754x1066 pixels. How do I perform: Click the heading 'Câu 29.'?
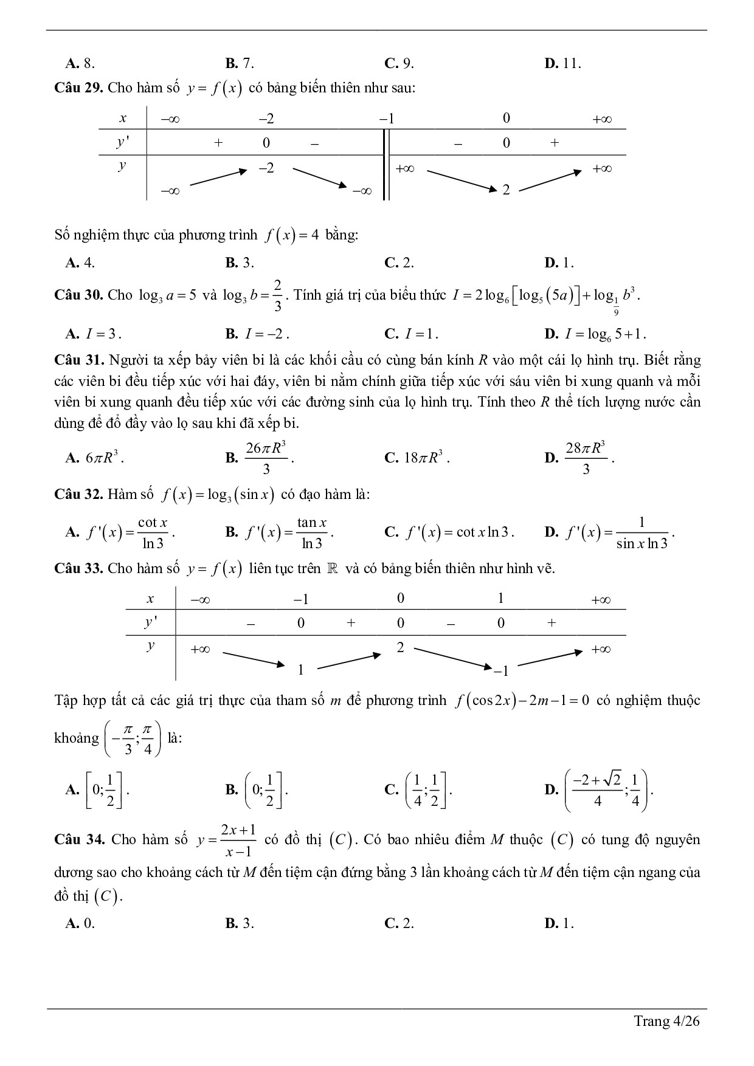point(79,88)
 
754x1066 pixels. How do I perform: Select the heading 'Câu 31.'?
point(79,360)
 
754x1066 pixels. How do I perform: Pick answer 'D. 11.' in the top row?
point(562,63)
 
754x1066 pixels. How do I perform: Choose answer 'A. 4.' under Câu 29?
point(80,263)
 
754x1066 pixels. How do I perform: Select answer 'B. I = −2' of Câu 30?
point(257,334)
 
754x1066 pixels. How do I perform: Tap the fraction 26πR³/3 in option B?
point(266,458)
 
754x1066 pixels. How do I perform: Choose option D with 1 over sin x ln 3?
point(610,533)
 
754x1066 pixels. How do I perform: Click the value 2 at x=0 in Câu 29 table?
point(506,190)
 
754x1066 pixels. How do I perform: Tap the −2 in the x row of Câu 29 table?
point(266,119)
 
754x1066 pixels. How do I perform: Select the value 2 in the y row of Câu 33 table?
point(400,648)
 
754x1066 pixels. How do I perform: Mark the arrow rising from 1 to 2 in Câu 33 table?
point(348,661)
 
